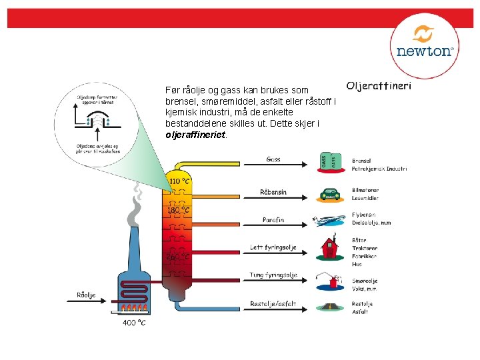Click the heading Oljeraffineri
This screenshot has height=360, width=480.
pyautogui.click(x=379, y=86)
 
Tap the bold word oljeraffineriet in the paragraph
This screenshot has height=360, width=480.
pyautogui.click(x=196, y=134)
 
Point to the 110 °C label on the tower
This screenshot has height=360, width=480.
pyautogui.click(x=179, y=180)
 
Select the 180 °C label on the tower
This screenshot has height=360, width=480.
pyautogui.click(x=179, y=211)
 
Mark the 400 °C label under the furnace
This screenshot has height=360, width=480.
pyautogui.click(x=134, y=323)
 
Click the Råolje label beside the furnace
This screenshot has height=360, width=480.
pyautogui.click(x=86, y=295)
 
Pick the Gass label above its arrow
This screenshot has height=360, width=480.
pyautogui.click(x=273, y=159)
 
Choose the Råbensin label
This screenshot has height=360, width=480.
pyautogui.click(x=273, y=192)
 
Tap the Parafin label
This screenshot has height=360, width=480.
pyautogui.click(x=273, y=219)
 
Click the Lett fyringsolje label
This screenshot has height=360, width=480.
pyautogui.click(x=273, y=247)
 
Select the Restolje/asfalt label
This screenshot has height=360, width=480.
pyautogui.click(x=273, y=304)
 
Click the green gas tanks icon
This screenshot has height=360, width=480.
pyautogui.click(x=331, y=161)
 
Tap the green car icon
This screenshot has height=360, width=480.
pyautogui.click(x=330, y=195)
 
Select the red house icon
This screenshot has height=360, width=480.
pyautogui.click(x=329, y=247)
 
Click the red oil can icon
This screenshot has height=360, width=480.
pyautogui.click(x=329, y=280)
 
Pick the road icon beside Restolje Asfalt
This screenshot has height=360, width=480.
pyautogui.click(x=330, y=307)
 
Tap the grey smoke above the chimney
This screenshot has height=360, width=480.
pyautogui.click(x=135, y=207)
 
